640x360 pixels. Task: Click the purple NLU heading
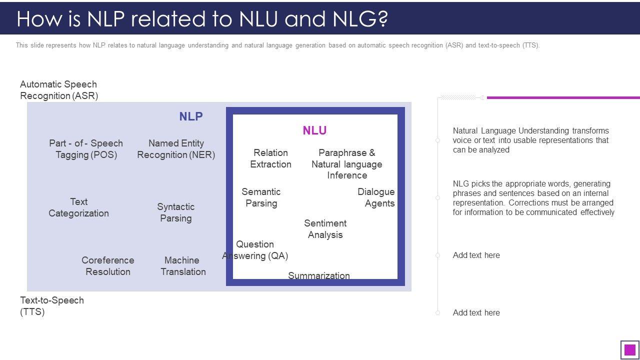[314, 130]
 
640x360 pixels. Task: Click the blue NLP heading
[191, 116]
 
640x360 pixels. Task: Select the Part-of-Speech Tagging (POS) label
[86, 149]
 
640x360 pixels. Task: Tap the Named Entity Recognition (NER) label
[176, 149]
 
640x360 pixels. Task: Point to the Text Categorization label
[78, 207]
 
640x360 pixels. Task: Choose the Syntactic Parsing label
[175, 212]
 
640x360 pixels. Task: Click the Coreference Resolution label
[108, 266]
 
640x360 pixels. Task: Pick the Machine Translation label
[183, 266]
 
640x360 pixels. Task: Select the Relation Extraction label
[270, 158]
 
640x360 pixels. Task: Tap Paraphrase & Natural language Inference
[346, 164]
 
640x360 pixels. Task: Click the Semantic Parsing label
[261, 197]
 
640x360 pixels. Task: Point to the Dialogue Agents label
[376, 197]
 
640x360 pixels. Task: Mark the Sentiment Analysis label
[325, 229]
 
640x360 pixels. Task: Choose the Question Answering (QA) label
[255, 250]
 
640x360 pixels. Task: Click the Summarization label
[319, 275]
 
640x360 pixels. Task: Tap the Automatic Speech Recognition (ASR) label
[58, 90]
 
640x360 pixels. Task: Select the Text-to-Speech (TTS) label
[52, 306]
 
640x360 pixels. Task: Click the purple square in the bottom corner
[630, 349]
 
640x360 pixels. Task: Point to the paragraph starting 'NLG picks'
[533, 198]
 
